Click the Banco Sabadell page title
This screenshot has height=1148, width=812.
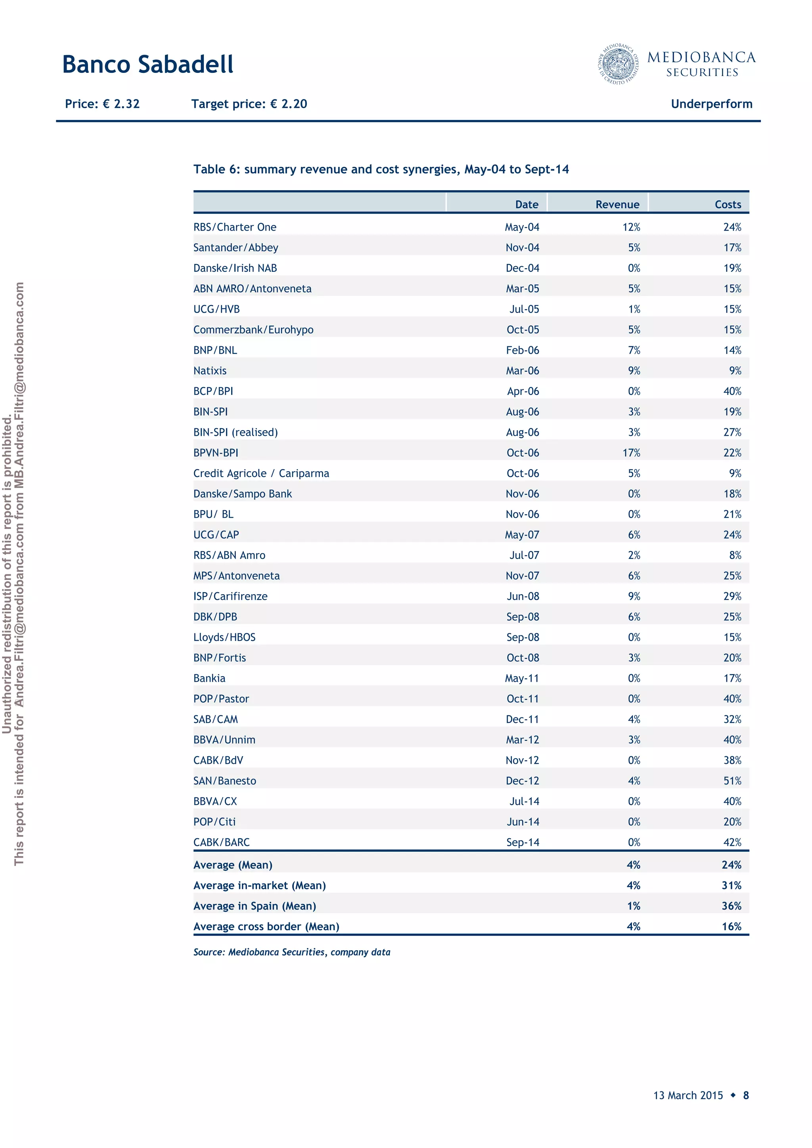[x=147, y=65]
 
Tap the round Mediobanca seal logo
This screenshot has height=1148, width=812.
[x=619, y=63]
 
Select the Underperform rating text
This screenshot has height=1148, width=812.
[x=711, y=104]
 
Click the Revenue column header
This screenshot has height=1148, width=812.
[x=617, y=204]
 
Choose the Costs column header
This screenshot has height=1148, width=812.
[x=728, y=204]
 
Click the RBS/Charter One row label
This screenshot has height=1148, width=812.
[x=235, y=227]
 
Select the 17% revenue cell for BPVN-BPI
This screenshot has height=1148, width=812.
[x=631, y=452]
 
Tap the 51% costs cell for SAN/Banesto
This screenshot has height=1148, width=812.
[x=732, y=780]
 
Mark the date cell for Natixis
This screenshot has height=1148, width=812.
[x=522, y=370]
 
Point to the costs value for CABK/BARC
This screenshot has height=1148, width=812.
[x=732, y=842]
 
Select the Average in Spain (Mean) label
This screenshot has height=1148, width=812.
[x=255, y=906]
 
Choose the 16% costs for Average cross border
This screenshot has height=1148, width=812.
[x=731, y=926]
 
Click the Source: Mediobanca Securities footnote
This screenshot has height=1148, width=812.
[x=292, y=952]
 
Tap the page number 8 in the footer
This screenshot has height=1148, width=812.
[x=745, y=1095]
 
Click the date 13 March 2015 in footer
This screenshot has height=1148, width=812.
[x=688, y=1095]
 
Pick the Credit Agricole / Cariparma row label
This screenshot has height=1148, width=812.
[x=261, y=473]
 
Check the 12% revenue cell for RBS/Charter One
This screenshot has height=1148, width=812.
[x=631, y=227]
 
